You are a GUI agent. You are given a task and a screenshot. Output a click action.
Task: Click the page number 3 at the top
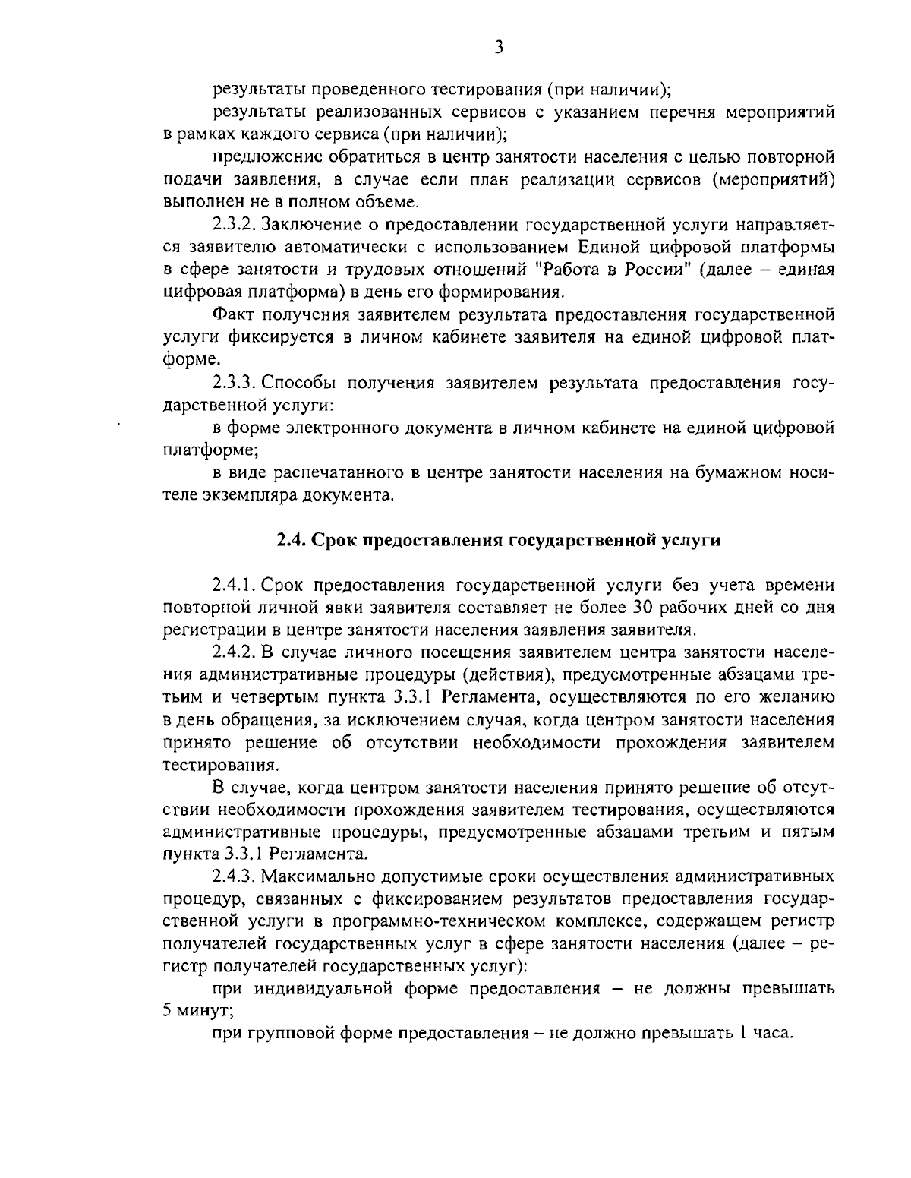tap(499, 48)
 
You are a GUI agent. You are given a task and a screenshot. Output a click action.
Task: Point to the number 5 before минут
tap(168, 1011)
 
